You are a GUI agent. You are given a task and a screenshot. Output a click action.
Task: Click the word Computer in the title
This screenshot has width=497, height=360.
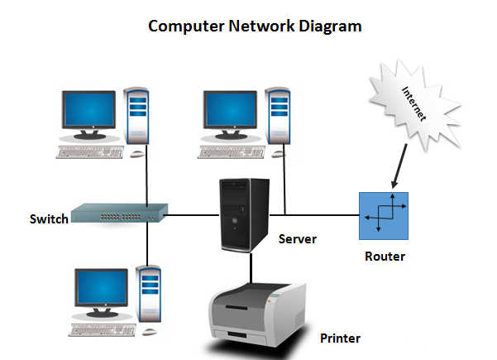click(186, 26)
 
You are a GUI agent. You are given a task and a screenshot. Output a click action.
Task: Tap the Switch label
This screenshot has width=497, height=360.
click(49, 219)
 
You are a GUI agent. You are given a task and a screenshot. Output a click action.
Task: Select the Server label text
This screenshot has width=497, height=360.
click(298, 239)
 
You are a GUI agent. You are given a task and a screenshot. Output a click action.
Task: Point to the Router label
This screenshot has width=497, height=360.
click(385, 257)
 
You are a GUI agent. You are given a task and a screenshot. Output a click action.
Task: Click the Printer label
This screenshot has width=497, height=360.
click(340, 338)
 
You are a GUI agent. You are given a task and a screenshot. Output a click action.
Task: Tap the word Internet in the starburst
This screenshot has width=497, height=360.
click(413, 103)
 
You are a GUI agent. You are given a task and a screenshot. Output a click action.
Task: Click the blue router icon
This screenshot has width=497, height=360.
click(384, 216)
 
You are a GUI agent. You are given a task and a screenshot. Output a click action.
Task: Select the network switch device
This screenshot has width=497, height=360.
click(119, 214)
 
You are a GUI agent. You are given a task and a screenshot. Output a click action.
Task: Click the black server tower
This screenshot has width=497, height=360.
click(244, 215)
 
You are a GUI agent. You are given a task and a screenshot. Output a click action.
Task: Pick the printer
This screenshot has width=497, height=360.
click(257, 314)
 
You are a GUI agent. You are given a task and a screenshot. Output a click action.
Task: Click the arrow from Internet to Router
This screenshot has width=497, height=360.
click(400, 166)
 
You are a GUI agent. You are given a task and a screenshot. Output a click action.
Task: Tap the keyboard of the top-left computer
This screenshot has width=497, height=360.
click(89, 152)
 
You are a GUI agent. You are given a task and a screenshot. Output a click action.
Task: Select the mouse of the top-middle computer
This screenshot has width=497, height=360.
click(279, 154)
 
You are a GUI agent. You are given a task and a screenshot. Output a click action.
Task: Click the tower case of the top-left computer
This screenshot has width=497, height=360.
click(136, 116)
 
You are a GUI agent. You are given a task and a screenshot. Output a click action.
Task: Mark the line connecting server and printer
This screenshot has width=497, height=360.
click(251, 267)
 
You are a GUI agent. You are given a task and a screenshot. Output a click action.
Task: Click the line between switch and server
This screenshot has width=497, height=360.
click(192, 215)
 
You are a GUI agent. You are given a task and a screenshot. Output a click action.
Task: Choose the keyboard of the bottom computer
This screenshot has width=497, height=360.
click(102, 330)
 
